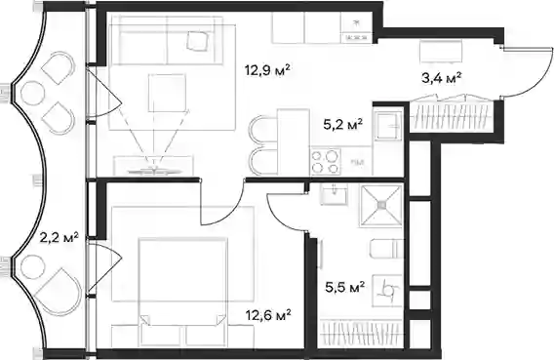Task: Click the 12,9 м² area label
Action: point(268,70)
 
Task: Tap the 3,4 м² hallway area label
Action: point(442,78)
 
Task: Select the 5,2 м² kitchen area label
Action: point(343,124)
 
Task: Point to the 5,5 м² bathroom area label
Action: point(345,288)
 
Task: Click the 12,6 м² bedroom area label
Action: point(268,314)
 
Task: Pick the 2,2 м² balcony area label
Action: point(59,238)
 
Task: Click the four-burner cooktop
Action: point(326,161)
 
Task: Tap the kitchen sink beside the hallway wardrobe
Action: point(388,126)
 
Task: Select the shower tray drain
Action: point(381,205)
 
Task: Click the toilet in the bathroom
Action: point(386,249)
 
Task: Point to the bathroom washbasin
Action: point(334,194)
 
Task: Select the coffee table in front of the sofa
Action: point(167,93)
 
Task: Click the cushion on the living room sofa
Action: point(196,40)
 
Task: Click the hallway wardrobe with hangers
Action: point(452,116)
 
